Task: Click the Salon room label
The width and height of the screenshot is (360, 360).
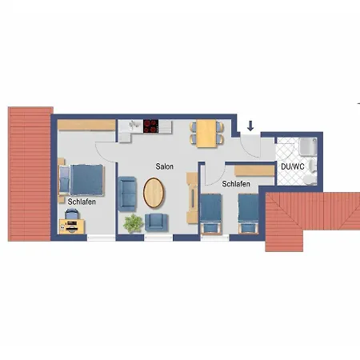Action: [164, 166]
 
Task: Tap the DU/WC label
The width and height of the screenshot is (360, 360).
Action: [293, 166]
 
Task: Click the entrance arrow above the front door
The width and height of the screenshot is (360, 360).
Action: [250, 126]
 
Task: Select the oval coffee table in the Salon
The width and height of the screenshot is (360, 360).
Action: [154, 193]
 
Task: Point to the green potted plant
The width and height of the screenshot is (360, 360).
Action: [133, 223]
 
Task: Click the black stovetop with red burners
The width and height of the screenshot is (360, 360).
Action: [150, 126]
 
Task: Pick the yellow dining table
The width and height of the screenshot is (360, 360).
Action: [206, 134]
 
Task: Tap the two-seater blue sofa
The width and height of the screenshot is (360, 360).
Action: [127, 194]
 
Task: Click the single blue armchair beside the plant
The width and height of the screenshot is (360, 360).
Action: [156, 222]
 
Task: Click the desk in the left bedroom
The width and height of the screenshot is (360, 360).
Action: [72, 226]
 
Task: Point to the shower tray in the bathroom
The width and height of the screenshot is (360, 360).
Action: [308, 146]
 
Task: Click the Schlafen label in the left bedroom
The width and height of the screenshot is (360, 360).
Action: [82, 202]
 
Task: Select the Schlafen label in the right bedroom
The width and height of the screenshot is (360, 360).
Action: [236, 184]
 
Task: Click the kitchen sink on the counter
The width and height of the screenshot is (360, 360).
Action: [134, 125]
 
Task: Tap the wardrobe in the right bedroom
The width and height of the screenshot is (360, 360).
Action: [254, 171]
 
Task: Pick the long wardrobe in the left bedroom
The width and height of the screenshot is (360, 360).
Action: [86, 125]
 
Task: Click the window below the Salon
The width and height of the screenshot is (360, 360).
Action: [158, 238]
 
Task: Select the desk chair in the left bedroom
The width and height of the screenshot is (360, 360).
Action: [72, 214]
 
